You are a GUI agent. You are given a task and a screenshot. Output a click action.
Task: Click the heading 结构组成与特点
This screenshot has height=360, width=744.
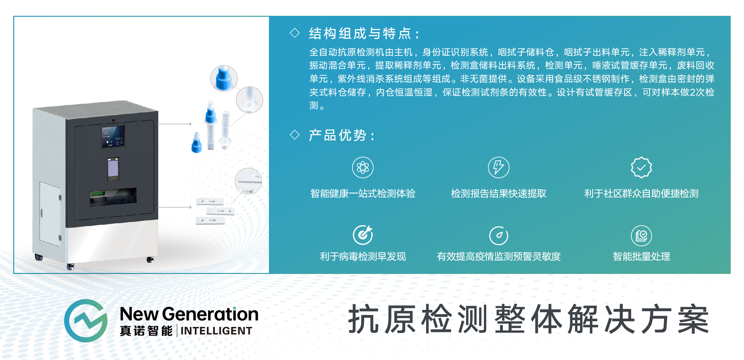tap(360, 33)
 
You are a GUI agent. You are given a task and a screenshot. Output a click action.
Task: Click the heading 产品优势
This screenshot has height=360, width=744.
tap(337, 135)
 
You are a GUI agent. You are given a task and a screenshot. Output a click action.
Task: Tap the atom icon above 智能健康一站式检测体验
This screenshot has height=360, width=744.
tap(363, 167)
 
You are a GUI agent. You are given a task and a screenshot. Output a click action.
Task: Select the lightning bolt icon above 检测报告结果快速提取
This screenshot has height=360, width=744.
tap(498, 167)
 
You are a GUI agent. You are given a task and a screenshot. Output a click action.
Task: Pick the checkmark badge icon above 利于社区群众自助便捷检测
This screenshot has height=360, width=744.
tap(641, 167)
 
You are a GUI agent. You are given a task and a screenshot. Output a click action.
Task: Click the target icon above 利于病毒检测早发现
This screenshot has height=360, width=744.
tap(363, 235)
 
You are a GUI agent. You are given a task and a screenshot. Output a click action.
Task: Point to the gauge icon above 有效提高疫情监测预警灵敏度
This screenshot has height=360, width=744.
tap(498, 235)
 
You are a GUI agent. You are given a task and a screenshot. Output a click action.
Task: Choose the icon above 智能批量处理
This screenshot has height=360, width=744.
tap(641, 235)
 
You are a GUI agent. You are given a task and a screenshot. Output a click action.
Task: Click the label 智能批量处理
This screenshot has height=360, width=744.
tap(641, 256)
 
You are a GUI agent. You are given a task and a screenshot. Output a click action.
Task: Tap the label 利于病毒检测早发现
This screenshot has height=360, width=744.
tap(363, 256)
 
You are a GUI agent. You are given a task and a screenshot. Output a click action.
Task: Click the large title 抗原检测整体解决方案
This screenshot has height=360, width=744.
tap(528, 319)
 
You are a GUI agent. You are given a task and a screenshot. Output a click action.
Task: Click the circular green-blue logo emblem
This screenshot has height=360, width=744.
tap(86, 321)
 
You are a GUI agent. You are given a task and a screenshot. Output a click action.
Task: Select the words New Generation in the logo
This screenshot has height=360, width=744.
tap(189, 314)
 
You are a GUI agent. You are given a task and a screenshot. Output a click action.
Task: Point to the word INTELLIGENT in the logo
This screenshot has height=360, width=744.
tap(216, 331)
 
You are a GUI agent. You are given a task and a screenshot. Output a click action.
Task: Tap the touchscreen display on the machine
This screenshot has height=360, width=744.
tap(113, 136)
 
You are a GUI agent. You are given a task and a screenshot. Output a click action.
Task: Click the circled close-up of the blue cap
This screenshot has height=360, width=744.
tap(224, 78)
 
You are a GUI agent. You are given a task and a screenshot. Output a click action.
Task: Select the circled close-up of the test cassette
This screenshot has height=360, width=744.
tap(248, 181)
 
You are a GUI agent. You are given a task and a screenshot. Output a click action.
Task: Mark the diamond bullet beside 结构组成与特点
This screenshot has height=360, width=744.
tap(294, 33)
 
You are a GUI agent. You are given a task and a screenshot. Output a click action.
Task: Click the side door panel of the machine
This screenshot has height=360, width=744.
tap(50, 214)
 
